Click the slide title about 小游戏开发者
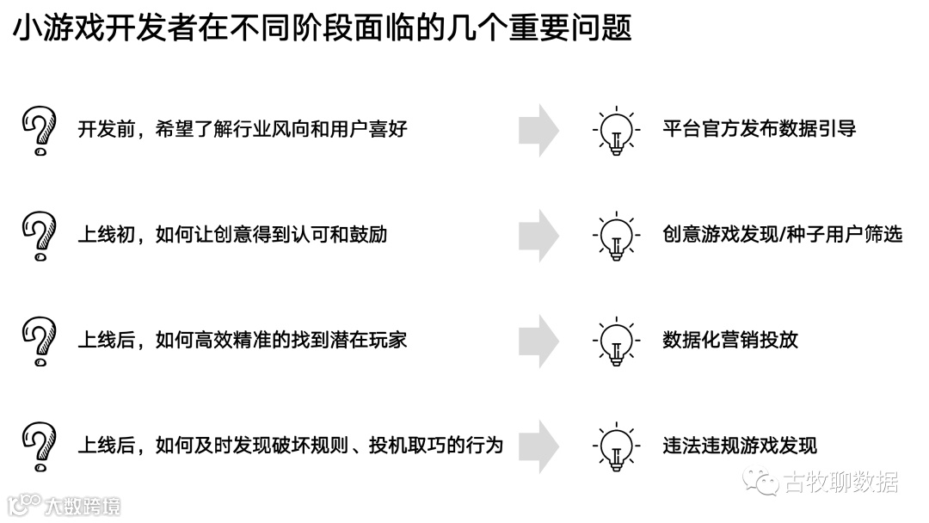tap(322, 29)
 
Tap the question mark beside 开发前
tap(39, 131)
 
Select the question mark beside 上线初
tap(39, 236)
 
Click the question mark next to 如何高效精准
tap(39, 341)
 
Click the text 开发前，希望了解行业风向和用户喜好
tap(242, 129)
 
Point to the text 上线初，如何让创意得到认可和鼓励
tap(232, 234)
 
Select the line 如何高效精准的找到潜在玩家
tap(242, 340)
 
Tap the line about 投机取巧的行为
tap(290, 446)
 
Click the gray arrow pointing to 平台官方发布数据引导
tap(538, 130)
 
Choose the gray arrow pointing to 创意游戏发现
tap(538, 235)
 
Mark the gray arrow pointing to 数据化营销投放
tap(538, 341)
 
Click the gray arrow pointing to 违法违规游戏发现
tap(538, 446)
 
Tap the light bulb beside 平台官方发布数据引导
tap(616, 132)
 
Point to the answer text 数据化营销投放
tap(730, 340)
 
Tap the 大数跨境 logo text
tap(82, 505)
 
